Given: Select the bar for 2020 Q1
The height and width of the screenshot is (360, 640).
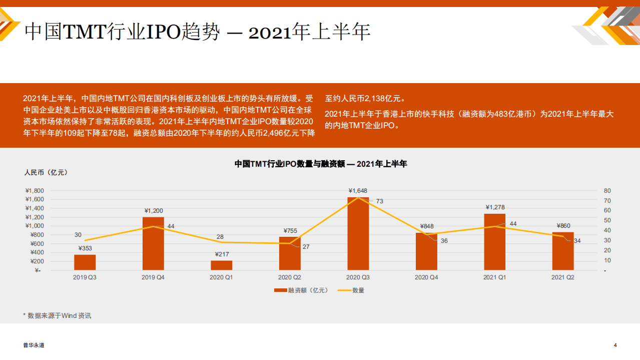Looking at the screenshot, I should point(221,265).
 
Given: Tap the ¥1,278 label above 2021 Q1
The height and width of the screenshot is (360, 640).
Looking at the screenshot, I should point(494,207).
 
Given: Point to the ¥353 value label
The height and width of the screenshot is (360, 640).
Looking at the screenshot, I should point(85,248).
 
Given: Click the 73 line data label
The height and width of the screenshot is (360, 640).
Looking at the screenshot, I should point(379,201).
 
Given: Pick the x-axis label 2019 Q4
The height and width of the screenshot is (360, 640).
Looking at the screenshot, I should point(153,277).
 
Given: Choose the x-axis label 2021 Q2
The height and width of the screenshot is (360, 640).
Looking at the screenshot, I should point(562,277).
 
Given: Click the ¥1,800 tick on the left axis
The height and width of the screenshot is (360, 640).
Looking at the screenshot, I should point(35,191).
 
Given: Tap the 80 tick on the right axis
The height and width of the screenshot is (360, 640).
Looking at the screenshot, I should point(607,191).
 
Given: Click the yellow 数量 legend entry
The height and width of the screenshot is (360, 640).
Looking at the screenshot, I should point(352,290).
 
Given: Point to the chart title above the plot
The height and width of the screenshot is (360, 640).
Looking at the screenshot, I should point(321,164).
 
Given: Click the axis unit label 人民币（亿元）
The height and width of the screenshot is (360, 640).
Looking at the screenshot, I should point(46,172).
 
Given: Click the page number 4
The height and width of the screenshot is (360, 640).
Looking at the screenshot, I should point(615,345).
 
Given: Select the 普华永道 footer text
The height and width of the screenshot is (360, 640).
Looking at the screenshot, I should point(34,345).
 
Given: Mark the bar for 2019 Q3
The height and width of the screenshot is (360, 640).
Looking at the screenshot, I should point(85,262).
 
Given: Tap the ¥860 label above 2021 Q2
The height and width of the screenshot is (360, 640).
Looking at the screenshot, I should point(562,226).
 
